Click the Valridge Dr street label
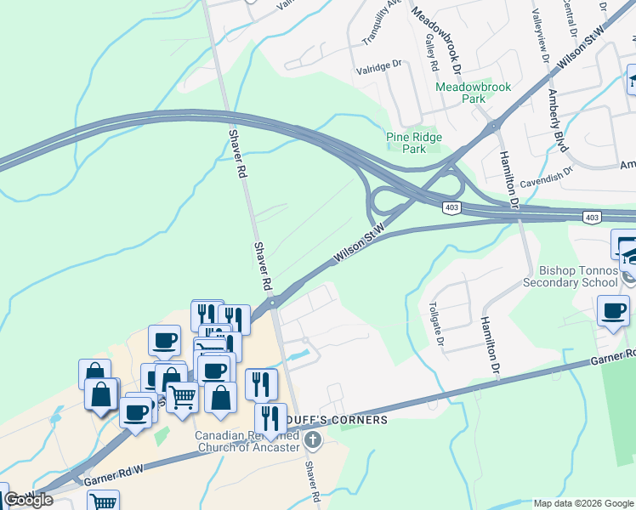tap(378, 65)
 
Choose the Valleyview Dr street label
tap(539, 37)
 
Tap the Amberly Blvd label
tap(558, 121)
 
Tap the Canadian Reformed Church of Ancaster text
tap(247, 441)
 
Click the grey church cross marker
tap(313, 440)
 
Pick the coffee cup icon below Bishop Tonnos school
tap(613, 311)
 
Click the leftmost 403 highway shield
tap(451, 207)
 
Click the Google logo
tap(28, 500)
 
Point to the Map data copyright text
tap(582, 503)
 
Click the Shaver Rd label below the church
tap(312, 481)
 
